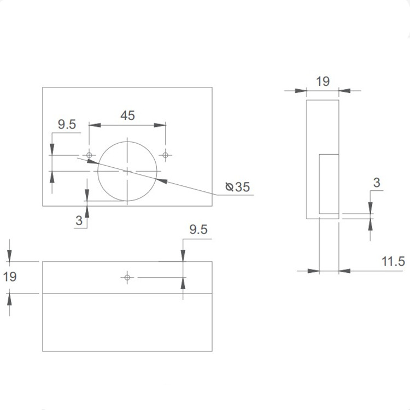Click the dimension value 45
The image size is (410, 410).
click(127, 115)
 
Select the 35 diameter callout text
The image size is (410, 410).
click(242, 188)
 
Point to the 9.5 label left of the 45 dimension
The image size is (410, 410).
click(67, 125)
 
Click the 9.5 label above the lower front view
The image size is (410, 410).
click(198, 230)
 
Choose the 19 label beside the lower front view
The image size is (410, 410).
click(10, 277)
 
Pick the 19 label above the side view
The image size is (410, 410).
click(323, 81)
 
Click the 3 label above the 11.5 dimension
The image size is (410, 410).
click(376, 183)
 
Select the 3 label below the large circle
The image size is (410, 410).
click(79, 221)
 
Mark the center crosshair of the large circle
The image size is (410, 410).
click(127, 171)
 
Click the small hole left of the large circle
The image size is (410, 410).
click(89, 155)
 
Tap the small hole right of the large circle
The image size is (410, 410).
click(166, 155)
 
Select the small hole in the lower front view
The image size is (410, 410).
click(127, 278)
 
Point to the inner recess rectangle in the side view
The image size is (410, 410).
click(329, 183)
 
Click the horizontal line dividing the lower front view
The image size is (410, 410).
click(127, 294)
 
